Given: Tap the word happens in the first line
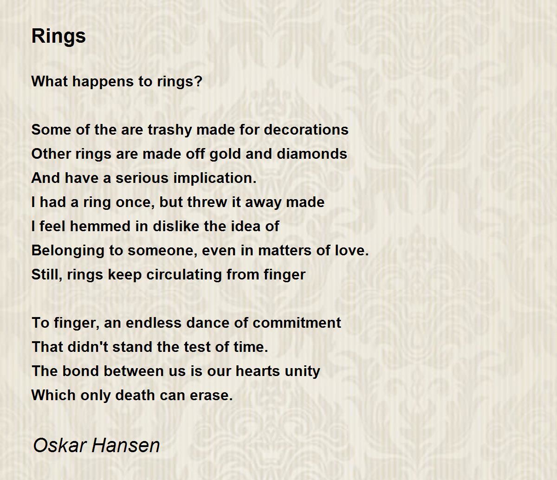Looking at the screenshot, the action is coord(103,82).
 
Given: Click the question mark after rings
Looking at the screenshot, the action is coord(198,81).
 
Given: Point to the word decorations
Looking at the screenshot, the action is coord(306,130).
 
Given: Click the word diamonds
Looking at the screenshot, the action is coord(312,154).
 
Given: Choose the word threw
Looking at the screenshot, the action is coord(207,202).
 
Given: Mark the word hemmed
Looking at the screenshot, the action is coord(101,226).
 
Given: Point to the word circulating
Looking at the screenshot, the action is coord(184,275).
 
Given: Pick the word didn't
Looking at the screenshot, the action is coord(88,347).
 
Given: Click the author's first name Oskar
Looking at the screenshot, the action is coord(59,445).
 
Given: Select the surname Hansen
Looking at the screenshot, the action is coord(126,445).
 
